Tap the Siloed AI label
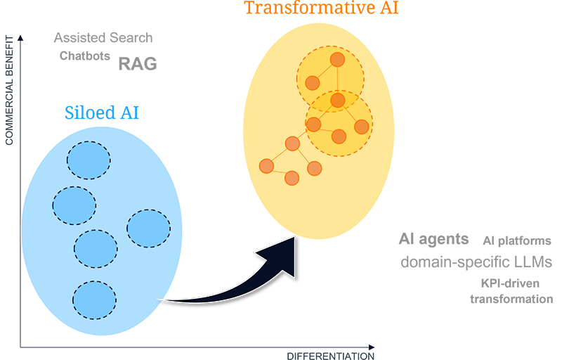point(102,112)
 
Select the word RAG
point(137,65)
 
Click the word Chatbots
point(85,56)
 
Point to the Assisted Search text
point(103,38)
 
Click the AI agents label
point(433,239)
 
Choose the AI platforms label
point(517,240)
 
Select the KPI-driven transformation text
point(511,292)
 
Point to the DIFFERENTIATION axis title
point(331,356)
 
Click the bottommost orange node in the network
point(292,178)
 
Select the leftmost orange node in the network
point(266,166)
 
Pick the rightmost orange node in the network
point(362,127)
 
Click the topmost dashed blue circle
point(89,159)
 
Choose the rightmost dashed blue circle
point(149,228)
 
